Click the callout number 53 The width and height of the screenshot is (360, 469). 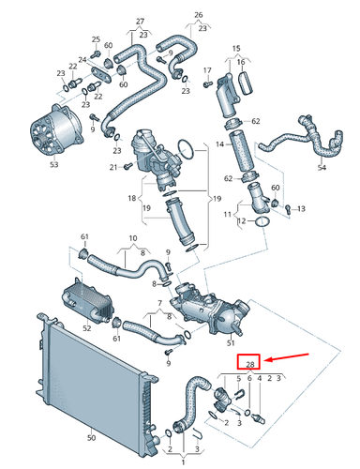point(53,165)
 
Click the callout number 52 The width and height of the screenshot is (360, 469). point(87,327)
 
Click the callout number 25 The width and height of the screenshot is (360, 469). point(95,38)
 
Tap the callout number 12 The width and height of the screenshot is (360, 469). point(241,221)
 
